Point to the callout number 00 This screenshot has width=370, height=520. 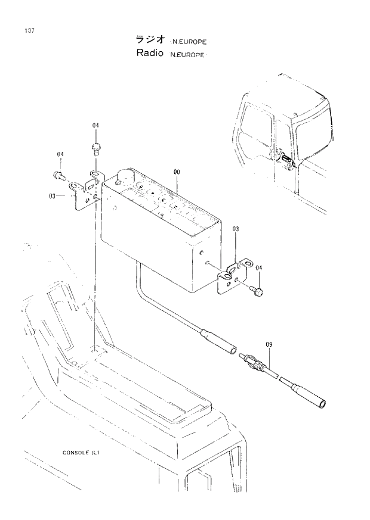tap(177, 172)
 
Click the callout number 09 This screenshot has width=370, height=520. tap(269, 344)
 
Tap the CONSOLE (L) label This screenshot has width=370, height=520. tap(81, 452)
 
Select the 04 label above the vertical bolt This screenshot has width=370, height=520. tap(95, 125)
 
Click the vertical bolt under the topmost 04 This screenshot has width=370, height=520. tap(95, 147)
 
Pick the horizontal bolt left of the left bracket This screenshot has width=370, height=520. tap(58, 175)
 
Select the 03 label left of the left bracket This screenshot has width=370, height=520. tap(53, 195)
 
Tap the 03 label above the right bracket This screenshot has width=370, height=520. tap(236, 229)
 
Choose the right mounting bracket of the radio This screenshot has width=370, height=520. tap(233, 274)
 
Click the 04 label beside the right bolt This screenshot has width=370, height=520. tap(258, 269)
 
